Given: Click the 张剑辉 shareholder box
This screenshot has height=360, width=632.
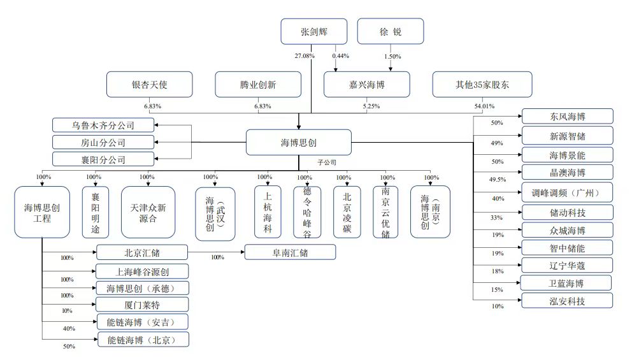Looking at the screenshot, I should tap(313, 31).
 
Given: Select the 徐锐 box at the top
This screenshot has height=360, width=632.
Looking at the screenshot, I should tap(390, 31).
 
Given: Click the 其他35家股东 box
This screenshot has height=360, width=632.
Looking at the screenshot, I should tap(474, 84).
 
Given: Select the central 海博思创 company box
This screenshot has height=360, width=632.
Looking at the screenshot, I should tap(299, 142).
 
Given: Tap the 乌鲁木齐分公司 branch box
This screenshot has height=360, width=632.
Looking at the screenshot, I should tap(103, 125).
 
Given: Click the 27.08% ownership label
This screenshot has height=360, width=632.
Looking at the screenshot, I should tap(305, 56).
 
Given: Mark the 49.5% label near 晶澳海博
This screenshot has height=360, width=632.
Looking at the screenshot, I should tap(497, 180).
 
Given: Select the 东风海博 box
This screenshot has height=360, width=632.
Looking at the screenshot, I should tap(567, 116).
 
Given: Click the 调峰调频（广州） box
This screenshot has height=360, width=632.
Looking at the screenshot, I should tap(567, 192).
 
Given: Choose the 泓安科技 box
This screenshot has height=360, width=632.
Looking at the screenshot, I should tap(567, 301).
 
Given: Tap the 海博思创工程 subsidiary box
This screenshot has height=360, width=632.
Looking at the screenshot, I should tap(42, 212).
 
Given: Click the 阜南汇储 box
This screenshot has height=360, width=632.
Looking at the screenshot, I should tap(291, 252).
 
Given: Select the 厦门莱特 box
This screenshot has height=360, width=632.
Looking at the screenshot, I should tap(142, 304).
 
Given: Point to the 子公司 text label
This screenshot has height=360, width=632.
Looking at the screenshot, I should tap(327, 162).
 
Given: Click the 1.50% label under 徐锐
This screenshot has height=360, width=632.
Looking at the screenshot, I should tap(392, 56).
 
